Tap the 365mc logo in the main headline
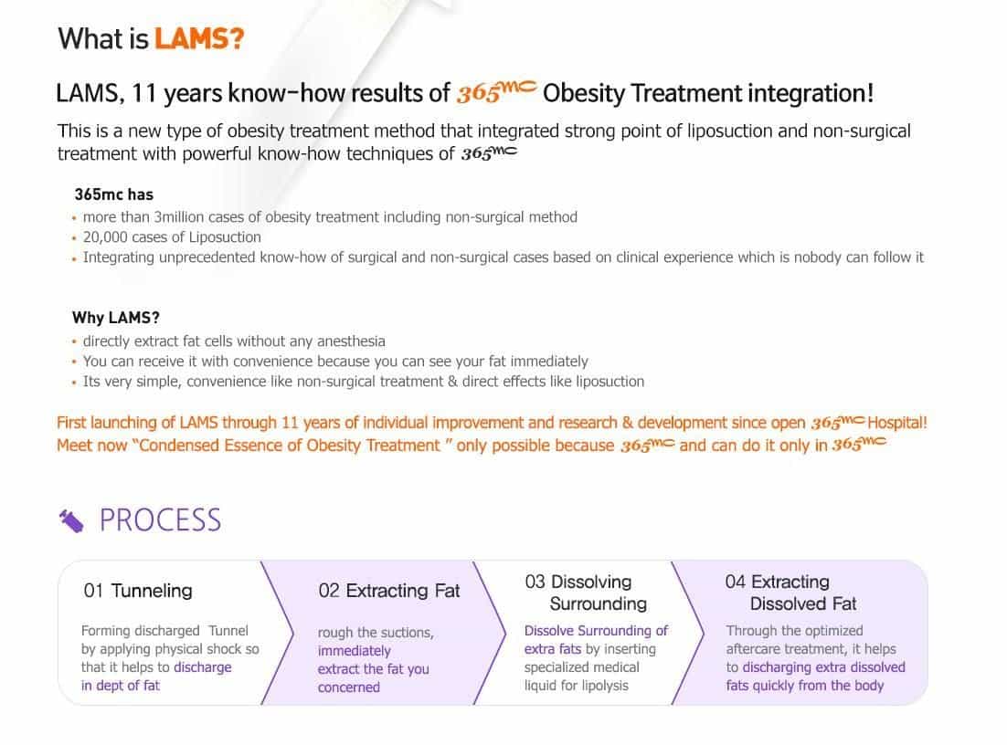coord(494,92)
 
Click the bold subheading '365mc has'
coord(113,194)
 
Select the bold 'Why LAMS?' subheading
coord(116,318)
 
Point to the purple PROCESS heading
coord(160,519)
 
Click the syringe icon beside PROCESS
coord(71,520)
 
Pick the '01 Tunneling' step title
coord(138,591)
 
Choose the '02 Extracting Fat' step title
coord(389,591)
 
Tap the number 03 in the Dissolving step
coord(535,582)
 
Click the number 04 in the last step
coord(735,582)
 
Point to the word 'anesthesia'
coord(351,341)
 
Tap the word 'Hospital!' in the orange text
coord(897,423)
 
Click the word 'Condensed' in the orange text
coord(174,446)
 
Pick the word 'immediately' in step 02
coord(354,651)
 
